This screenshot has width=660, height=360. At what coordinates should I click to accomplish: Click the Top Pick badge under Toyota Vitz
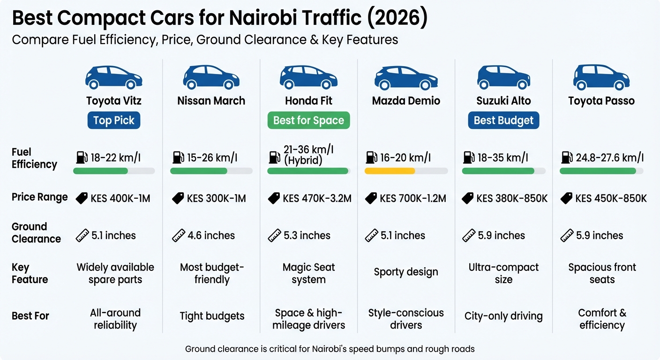(x=113, y=120)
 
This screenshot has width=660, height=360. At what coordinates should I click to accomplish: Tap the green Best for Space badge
(x=308, y=120)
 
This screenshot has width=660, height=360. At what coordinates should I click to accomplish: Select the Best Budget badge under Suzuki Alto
(x=503, y=120)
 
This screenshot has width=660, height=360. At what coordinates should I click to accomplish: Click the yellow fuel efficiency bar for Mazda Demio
(x=390, y=171)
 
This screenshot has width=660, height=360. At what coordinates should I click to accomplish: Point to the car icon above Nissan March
(x=211, y=77)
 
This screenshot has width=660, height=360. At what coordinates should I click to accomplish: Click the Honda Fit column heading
(x=308, y=101)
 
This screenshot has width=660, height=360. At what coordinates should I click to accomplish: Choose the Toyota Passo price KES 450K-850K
(x=611, y=198)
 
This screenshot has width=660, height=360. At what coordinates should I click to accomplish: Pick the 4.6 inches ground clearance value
(x=211, y=235)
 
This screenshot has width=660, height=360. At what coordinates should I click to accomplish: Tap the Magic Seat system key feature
(x=308, y=273)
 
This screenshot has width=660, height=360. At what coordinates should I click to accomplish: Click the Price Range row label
(x=40, y=197)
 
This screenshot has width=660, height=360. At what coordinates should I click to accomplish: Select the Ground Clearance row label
(x=36, y=232)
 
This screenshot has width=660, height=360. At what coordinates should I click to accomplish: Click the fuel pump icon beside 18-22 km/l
(x=82, y=157)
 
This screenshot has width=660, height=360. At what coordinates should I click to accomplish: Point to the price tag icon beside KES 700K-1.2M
(x=371, y=198)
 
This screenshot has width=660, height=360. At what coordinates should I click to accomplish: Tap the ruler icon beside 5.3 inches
(x=274, y=235)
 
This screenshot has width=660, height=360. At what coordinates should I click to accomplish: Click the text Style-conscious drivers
(x=406, y=319)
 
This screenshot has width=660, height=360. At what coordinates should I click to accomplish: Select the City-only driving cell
(x=503, y=316)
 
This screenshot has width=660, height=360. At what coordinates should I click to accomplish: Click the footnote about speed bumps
(x=330, y=349)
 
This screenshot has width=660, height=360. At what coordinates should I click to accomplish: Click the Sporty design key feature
(x=406, y=272)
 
